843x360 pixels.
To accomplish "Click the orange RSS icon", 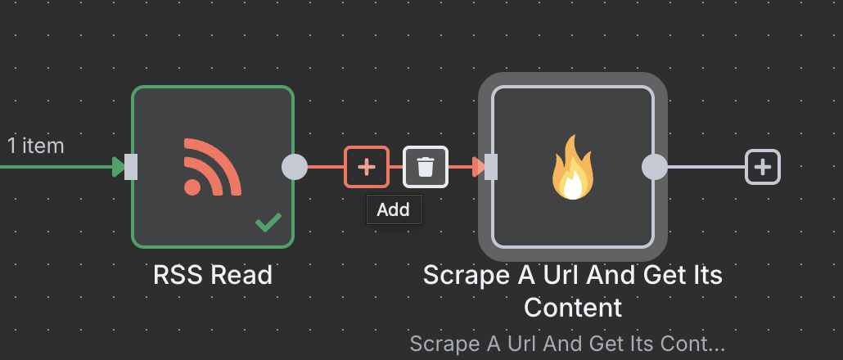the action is point(212,167).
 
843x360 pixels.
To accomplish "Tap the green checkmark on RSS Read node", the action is point(268,222).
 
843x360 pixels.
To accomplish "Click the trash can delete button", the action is point(426,167).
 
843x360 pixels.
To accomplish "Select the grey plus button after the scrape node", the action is point(763,167).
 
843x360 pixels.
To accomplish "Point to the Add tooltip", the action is point(393,210).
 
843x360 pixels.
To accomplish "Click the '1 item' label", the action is point(36,146).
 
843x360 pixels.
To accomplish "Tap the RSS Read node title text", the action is point(213,275).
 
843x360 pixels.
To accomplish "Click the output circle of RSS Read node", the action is point(294,167).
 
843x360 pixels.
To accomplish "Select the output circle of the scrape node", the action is point(654,167).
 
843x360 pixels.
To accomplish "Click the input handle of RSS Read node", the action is point(131,167).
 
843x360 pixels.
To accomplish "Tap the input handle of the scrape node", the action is point(491,167).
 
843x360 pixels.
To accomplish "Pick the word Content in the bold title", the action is point(573,308).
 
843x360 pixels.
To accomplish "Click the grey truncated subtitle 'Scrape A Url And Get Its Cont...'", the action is point(568,343).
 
